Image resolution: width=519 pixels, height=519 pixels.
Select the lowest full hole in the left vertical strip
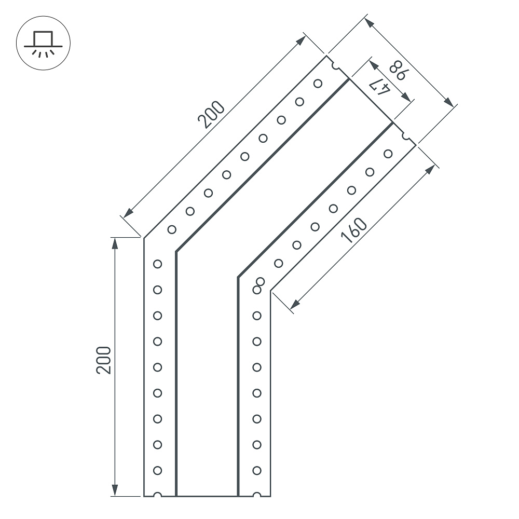tap(158, 470)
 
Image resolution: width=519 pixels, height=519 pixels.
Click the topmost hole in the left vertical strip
tap(158, 264)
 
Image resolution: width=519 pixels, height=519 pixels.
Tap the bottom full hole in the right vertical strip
tap(257, 470)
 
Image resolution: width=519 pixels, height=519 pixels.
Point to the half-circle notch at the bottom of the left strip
tap(158, 495)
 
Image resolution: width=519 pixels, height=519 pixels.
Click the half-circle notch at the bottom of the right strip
tap(257, 495)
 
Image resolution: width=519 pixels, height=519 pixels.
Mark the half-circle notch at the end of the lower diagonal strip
tap(406, 137)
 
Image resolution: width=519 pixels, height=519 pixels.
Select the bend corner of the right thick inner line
tap(238, 277)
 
